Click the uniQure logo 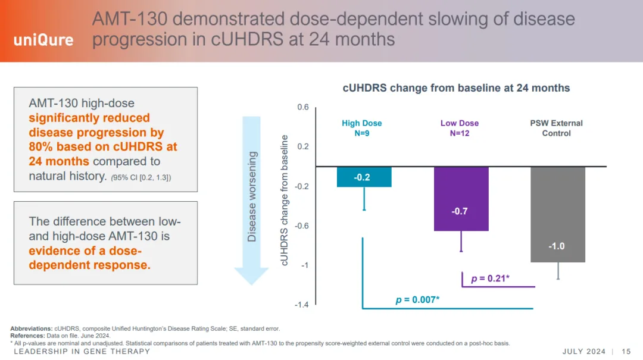click(43, 40)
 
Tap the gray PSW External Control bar click(557, 214)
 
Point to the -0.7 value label click(460, 211)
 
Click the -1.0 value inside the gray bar click(557, 246)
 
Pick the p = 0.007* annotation click(417, 299)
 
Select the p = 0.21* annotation click(490, 278)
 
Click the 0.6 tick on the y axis click(303, 107)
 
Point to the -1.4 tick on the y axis click(302, 305)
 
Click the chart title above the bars click(456, 88)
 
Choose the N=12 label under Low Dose click(460, 133)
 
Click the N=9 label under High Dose click(361, 133)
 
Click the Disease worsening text click(252, 196)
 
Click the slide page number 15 click(626, 351)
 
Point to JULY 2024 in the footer click(583, 351)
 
